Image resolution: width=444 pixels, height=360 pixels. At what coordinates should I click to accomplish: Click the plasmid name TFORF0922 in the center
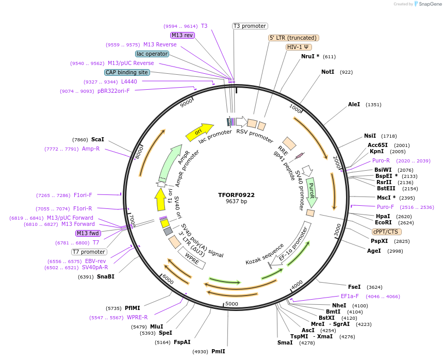[236, 195]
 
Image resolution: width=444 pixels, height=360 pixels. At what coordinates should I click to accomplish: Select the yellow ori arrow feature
[199, 132]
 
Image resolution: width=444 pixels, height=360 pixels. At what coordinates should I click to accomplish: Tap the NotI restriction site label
[327, 72]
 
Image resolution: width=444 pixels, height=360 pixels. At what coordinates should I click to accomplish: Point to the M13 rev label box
[183, 35]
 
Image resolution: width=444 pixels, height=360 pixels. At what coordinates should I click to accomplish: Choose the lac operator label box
[152, 54]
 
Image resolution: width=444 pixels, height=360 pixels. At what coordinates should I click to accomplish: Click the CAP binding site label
[127, 73]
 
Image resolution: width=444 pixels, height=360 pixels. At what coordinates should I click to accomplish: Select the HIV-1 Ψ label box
[299, 47]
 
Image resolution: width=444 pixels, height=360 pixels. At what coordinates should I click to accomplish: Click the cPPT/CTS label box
[385, 232]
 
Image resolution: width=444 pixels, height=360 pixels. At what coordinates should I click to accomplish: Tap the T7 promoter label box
[89, 252]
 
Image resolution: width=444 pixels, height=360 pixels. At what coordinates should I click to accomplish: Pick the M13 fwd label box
[88, 233]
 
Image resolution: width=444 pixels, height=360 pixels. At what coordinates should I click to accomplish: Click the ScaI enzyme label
[97, 139]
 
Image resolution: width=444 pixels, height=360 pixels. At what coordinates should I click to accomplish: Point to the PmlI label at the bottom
[218, 351]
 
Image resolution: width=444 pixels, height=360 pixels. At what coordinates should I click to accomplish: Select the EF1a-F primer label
[350, 296]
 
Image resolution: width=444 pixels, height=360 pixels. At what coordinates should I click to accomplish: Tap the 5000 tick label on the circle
[232, 304]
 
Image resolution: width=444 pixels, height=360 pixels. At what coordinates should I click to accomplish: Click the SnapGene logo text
[429, 4]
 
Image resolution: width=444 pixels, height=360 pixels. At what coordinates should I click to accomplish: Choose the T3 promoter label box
[250, 26]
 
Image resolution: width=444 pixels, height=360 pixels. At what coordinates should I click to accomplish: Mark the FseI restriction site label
[354, 287]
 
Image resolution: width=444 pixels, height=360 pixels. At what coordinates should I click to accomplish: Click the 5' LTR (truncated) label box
[294, 38]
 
